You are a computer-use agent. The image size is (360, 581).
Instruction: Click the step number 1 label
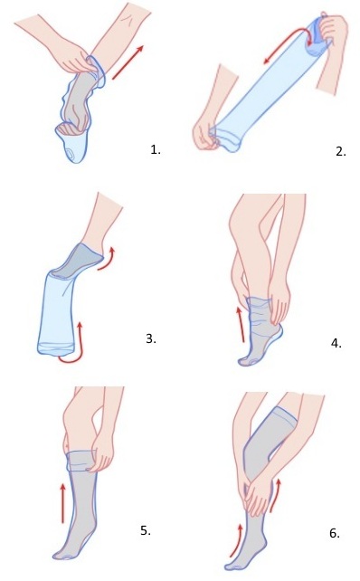[156, 150]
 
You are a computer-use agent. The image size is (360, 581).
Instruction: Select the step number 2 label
[341, 151]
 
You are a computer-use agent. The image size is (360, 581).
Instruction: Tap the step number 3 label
[151, 338]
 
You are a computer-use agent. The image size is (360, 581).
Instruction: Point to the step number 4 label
[336, 344]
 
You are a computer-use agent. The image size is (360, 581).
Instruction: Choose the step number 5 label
[146, 530]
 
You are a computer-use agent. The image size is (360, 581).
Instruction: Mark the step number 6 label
[335, 534]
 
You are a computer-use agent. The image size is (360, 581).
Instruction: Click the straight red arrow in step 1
[128, 62]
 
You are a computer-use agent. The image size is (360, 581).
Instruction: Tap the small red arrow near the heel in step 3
[107, 260]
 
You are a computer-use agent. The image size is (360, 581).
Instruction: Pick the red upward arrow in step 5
[63, 503]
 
